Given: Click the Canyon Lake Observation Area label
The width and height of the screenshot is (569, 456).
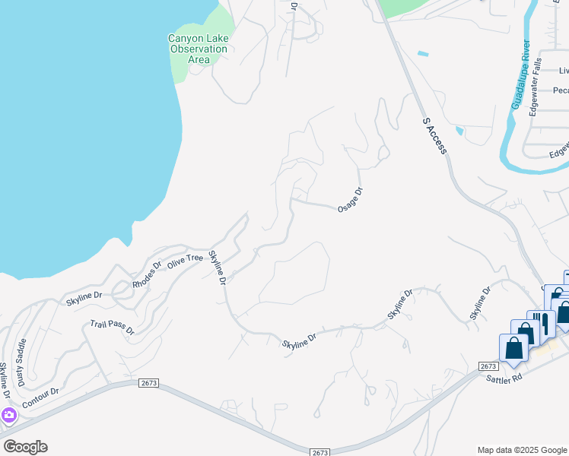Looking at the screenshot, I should point(198,49).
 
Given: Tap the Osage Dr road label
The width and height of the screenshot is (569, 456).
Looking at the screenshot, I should point(350,200).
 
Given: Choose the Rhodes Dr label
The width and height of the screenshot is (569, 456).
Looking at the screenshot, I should point(147,276).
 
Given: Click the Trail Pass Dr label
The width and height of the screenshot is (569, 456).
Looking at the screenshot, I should point(112,328).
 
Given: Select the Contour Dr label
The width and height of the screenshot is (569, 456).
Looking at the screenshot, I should point(40,397).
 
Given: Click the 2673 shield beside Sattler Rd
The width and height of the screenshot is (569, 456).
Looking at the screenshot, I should point(488,366).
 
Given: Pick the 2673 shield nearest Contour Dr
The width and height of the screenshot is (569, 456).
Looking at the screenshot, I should point(149,384).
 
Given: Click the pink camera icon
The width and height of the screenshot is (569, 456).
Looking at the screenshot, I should point(9,415).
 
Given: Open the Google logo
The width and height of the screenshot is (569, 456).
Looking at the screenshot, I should point(25,447).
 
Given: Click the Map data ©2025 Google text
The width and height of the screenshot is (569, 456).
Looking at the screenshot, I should point(522,450).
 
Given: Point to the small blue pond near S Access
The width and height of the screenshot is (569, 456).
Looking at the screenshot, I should point(423,54).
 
